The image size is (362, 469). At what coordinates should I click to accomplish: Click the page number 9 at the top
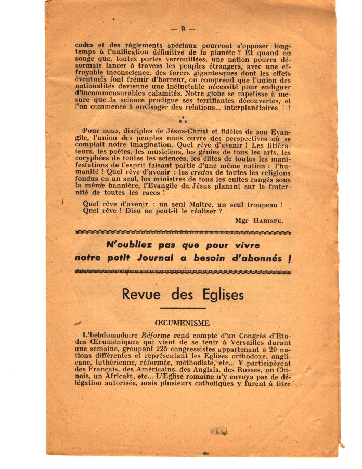(x=183, y=29)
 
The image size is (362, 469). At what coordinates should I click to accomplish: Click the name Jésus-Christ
(x=165, y=129)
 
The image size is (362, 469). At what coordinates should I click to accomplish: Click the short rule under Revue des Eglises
(x=182, y=308)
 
